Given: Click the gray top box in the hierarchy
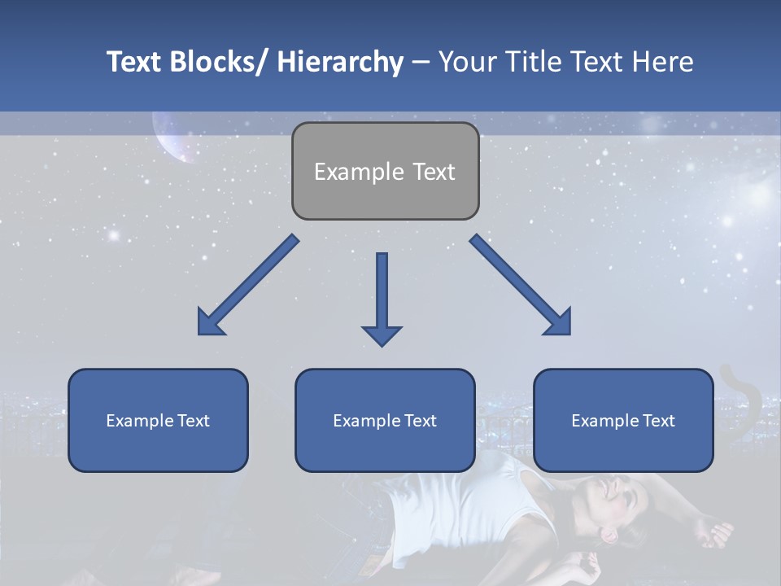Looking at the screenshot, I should tap(385, 171).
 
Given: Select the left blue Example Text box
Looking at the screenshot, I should tap(158, 420).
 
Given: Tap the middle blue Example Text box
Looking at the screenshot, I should tap(385, 420).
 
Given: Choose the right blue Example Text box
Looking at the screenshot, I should tap(623, 420).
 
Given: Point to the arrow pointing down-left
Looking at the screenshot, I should tap(247, 286).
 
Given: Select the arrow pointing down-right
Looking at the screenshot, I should tap(521, 286).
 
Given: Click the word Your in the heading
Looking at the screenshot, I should tap(466, 62).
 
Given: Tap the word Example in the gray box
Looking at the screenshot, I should tap(359, 172).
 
